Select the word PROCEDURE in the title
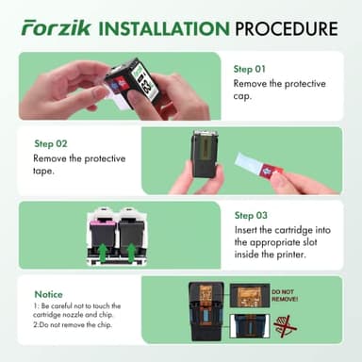(287, 27)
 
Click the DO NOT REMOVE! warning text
(284, 296)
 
